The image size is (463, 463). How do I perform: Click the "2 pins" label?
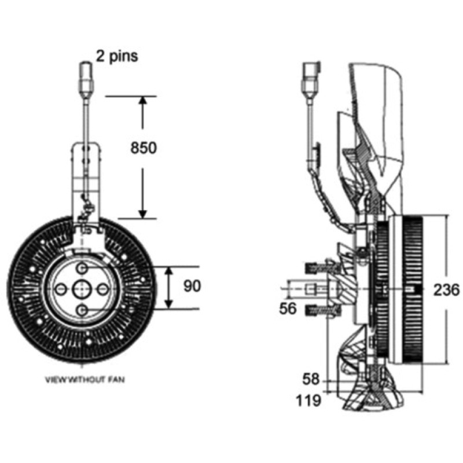(x=117, y=56)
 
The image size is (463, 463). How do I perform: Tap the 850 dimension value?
(x=144, y=148)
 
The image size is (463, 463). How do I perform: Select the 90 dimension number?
(x=192, y=286)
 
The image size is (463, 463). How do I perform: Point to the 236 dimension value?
(x=446, y=290)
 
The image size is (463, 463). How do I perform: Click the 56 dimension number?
(x=288, y=309)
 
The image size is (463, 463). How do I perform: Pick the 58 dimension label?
(x=311, y=379)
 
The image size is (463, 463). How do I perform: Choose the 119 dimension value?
(x=308, y=400)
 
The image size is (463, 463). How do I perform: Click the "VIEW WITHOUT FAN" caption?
(x=84, y=380)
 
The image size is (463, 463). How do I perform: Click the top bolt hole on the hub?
(x=82, y=268)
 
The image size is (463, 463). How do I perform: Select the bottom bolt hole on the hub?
(x=82, y=310)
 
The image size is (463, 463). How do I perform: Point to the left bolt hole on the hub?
(x=61, y=289)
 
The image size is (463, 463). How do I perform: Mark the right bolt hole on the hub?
(x=103, y=289)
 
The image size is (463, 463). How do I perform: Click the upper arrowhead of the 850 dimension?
(x=143, y=100)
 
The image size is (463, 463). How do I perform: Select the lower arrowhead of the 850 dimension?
(x=143, y=214)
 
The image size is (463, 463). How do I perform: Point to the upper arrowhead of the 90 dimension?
(x=168, y=271)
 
